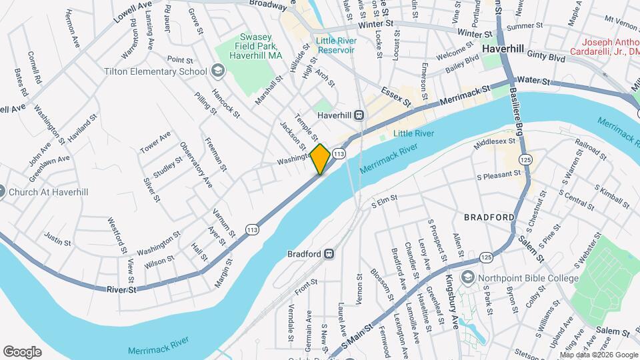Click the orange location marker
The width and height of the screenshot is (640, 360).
[320, 159]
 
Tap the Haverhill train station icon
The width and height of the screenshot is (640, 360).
[359, 115]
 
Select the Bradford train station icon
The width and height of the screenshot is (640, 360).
[329, 254]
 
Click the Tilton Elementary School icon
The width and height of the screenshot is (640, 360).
[217, 71]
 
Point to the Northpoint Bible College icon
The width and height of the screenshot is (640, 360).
[470, 277]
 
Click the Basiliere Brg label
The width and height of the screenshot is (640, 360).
[517, 111]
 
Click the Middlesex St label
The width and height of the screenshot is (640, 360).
[495, 141]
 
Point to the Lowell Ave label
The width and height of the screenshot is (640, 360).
[133, 12]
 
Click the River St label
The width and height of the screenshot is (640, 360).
[122, 289]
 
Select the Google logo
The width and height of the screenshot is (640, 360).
[22, 351]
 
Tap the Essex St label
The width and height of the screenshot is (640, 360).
[396, 95]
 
